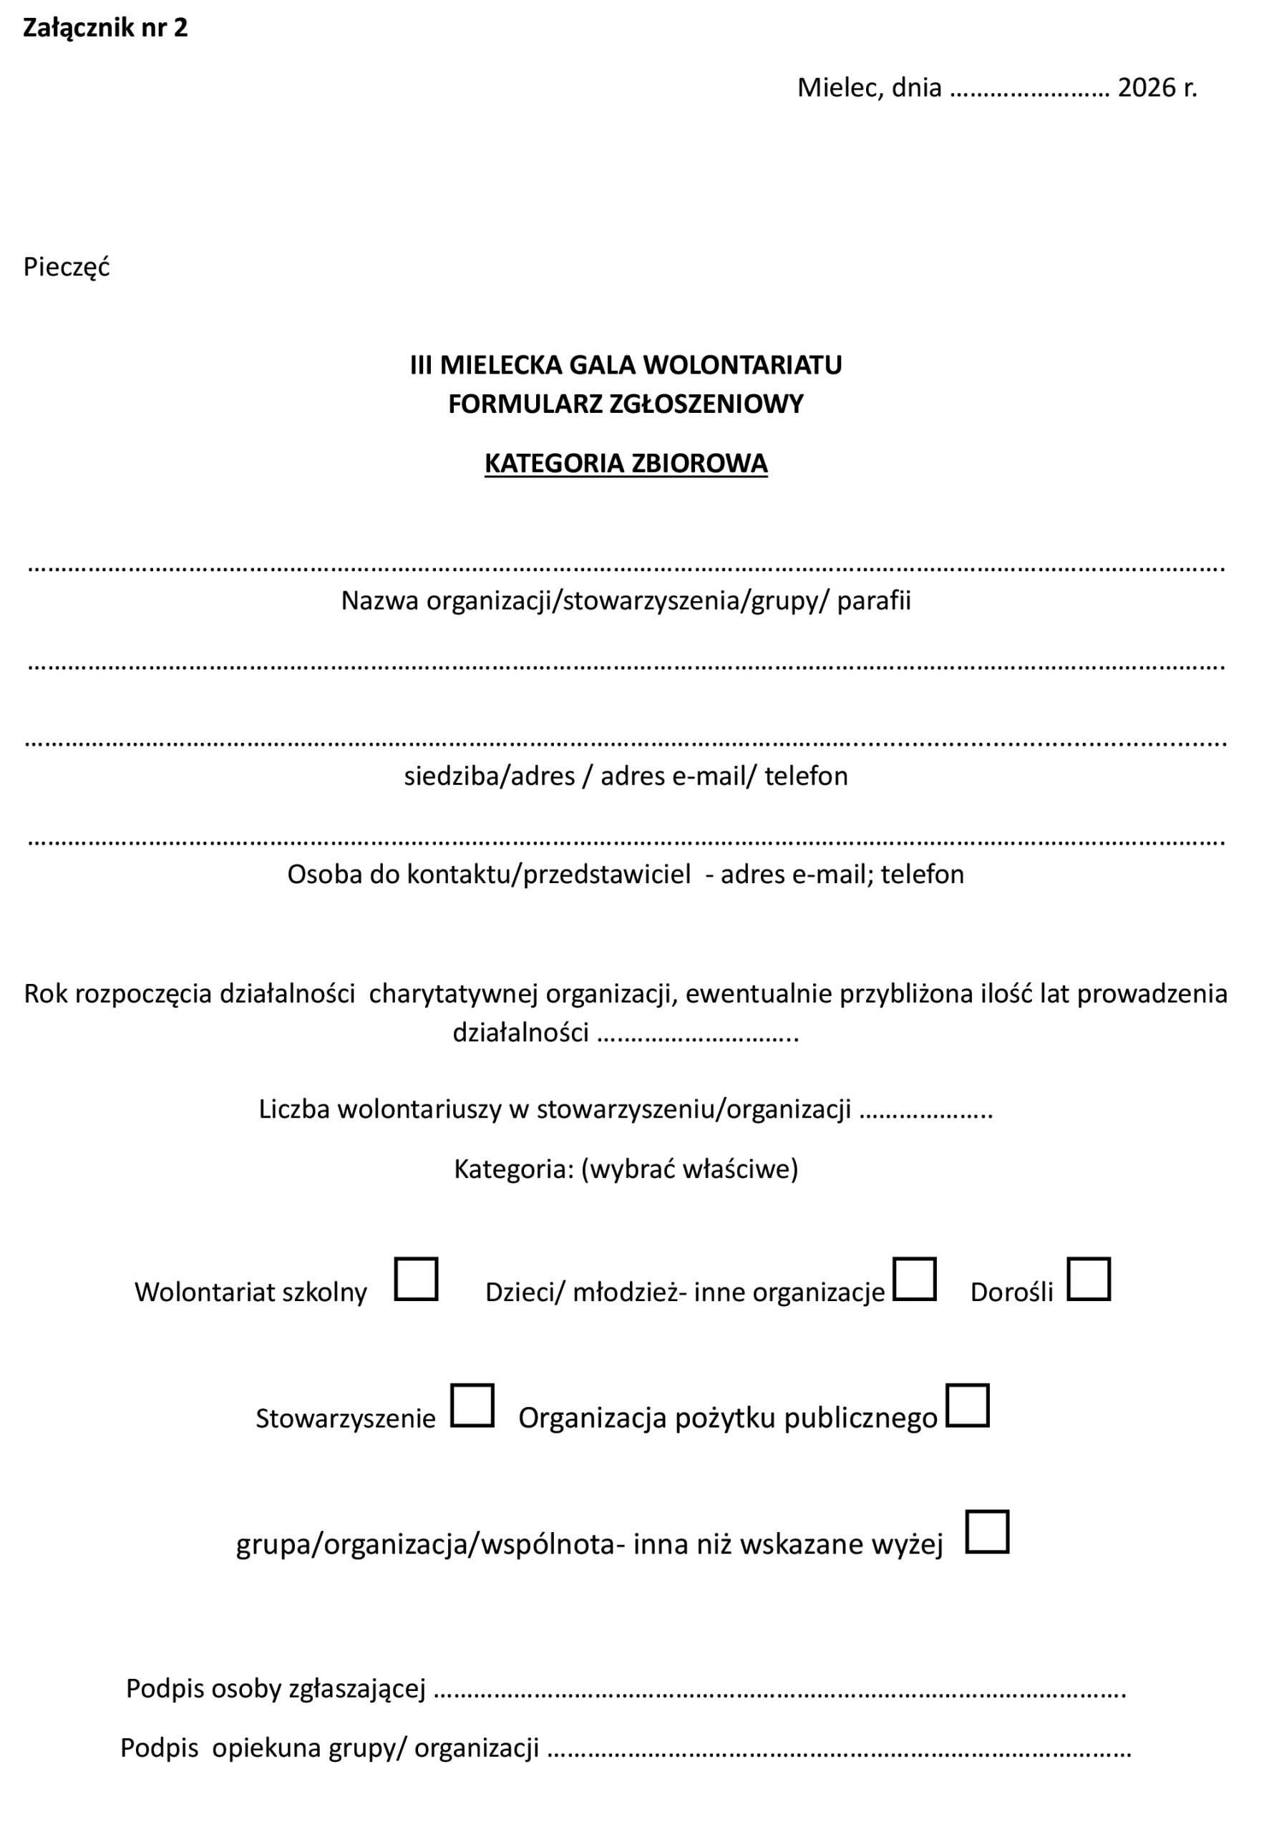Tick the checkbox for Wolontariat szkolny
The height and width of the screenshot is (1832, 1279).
[x=416, y=1279]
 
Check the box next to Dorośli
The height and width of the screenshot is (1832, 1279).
[x=1089, y=1279]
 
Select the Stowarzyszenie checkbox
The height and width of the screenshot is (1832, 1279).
[x=472, y=1405]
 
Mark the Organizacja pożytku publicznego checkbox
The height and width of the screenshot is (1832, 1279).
[x=967, y=1405]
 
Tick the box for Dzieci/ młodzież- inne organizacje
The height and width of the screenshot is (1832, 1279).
[x=915, y=1279]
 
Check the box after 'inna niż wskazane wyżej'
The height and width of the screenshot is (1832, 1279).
[x=987, y=1531]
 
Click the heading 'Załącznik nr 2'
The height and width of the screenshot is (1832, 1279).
[x=105, y=28]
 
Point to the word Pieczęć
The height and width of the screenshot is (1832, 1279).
[x=67, y=266]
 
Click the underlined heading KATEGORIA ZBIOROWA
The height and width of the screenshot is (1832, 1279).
[x=626, y=464]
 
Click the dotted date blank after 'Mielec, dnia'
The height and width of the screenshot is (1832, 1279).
[x=1030, y=89]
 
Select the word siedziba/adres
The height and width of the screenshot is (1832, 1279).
[x=489, y=776]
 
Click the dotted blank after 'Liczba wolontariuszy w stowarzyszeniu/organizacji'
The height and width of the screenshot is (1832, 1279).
[x=925, y=1111]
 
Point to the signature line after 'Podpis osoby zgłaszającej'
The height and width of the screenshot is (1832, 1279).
[x=779, y=1689]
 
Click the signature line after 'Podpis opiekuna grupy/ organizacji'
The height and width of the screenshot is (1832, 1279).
[x=840, y=1748]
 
